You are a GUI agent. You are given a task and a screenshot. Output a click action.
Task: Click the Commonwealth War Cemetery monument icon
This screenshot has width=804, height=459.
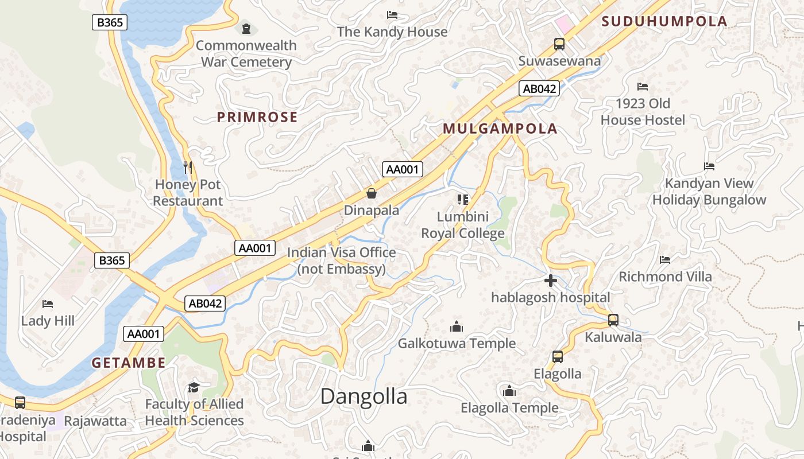coord(246,28)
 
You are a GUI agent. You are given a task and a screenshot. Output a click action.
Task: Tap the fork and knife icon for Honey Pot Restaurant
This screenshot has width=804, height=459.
coord(188,168)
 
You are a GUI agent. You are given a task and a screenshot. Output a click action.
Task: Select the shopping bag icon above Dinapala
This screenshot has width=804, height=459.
coord(372,193)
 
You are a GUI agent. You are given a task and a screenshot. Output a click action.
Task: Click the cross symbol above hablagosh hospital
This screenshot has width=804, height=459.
coord(550,281)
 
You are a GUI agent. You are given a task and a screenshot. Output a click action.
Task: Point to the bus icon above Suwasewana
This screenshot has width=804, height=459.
coord(559,44)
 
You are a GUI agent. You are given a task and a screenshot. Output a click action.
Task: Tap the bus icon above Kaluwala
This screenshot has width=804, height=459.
coord(613,320)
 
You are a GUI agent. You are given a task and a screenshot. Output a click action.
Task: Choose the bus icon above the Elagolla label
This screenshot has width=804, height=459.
coord(557,357)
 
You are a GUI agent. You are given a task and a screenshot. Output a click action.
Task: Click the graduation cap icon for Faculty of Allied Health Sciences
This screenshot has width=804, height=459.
coord(194,387)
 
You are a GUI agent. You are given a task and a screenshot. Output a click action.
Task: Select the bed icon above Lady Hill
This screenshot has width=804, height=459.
coord(48,304)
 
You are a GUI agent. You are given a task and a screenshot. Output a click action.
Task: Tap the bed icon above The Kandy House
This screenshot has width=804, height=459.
coord(392,14)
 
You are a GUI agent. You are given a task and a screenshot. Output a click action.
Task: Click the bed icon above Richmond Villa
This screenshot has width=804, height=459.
coord(665,259)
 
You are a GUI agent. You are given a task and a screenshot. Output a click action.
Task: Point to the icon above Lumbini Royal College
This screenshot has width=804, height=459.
coord(463,200)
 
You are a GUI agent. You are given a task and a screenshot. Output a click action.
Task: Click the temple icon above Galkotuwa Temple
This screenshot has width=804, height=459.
coord(457,326)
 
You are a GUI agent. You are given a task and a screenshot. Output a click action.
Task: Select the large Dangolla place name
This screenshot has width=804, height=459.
coord(364,396)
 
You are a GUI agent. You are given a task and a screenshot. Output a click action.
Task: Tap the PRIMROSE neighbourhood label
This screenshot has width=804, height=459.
coord(257,118)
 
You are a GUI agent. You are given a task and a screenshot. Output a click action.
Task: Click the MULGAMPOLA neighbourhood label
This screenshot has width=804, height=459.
coord(500,129)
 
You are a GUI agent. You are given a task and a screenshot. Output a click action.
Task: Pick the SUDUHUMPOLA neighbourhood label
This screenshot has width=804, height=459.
coord(664,22)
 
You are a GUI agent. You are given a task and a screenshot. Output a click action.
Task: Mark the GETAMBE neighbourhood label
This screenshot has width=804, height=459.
coord(129,363)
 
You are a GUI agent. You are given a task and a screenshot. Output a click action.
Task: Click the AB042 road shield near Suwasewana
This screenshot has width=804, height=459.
coord(539,88)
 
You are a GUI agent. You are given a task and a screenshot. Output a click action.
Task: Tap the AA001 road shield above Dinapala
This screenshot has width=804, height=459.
coord(403,169)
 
